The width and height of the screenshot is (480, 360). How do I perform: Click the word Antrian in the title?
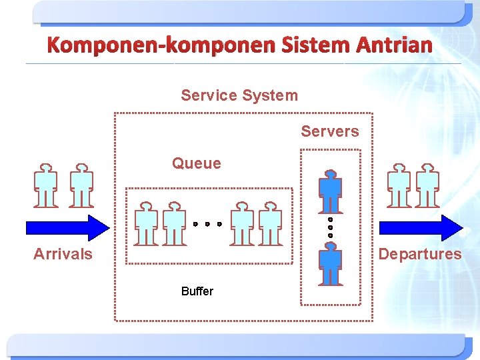coord(394,45)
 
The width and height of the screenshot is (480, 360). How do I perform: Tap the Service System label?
coord(239,95)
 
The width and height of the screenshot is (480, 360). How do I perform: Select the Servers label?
coord(329,131)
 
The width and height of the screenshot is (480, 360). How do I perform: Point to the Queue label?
coord(196,163)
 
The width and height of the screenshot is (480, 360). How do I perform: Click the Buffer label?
coord(197,291)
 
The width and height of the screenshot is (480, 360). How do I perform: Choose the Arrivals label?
coord(63,254)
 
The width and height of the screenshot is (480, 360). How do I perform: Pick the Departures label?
coord(420,254)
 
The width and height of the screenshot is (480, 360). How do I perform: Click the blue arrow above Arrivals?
coord(67,227)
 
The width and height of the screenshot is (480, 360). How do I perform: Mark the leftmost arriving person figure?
coord(46,185)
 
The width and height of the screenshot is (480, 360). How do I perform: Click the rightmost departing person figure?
coord(427,185)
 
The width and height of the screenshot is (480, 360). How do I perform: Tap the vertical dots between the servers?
coord(330,227)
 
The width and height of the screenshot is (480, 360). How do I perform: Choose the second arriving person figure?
coord(81,185)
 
